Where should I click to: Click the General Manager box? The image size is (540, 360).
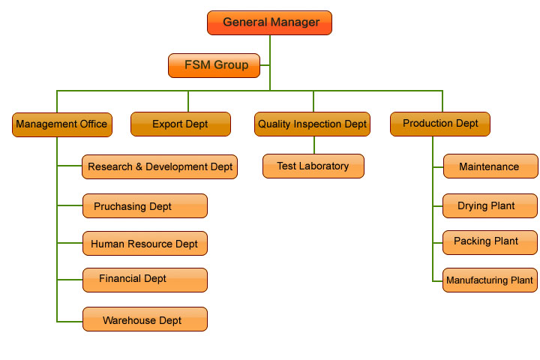(x=269, y=22)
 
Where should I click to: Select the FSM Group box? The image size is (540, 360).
(x=215, y=65)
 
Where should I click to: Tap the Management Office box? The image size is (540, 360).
(x=62, y=124)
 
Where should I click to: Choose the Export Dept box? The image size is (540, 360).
(x=180, y=124)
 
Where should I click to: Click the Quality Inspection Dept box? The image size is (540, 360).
(x=313, y=124)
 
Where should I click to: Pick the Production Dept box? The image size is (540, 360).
(x=440, y=124)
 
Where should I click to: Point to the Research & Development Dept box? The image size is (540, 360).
(x=160, y=166)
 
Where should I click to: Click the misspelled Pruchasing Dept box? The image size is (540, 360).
(x=145, y=205)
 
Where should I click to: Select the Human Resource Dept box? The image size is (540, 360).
(x=145, y=244)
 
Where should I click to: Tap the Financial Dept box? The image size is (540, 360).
(x=145, y=279)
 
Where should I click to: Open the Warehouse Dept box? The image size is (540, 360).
(x=145, y=319)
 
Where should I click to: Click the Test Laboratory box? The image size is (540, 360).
(x=313, y=166)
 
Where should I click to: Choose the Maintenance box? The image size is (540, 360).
(x=490, y=166)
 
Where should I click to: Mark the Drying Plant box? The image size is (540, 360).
(x=490, y=205)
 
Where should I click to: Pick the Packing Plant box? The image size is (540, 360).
(x=490, y=241)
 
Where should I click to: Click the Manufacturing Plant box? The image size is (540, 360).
(x=490, y=280)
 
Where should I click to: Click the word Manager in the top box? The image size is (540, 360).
(x=294, y=22)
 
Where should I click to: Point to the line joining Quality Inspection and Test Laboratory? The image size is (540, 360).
(x=313, y=145)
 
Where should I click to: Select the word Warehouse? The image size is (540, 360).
(x=130, y=320)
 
